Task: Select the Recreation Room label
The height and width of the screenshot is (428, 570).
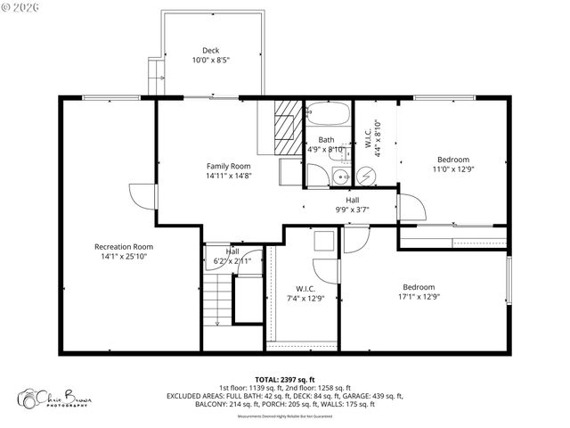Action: [124, 246]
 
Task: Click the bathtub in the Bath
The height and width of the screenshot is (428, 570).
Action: [327, 116]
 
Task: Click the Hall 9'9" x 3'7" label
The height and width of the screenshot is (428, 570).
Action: [353, 205]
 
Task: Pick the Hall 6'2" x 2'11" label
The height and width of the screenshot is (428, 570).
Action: [232, 257]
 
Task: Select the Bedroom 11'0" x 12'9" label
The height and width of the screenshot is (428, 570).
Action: [451, 164]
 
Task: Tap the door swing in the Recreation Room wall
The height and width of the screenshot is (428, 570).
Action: [140, 197]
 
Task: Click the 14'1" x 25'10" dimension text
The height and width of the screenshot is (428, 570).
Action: [124, 257]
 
